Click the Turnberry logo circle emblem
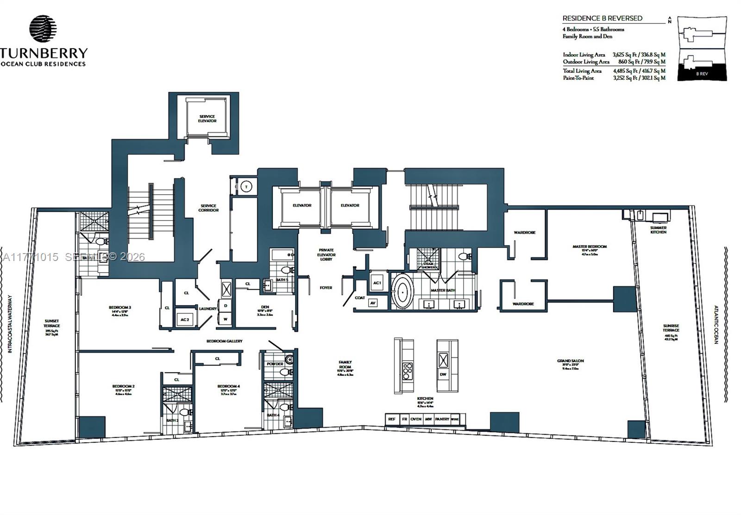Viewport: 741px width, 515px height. click(43, 29)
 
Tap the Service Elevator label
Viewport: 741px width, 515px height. click(207, 119)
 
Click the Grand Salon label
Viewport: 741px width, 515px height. click(570, 361)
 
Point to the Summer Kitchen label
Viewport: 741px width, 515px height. click(658, 229)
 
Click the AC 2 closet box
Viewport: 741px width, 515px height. click(185, 319)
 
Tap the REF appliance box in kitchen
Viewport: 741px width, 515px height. click(392, 419)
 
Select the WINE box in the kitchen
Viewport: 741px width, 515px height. click(455, 419)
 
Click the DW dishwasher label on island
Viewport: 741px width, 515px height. click(443, 375)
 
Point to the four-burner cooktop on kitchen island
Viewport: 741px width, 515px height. click(408, 371)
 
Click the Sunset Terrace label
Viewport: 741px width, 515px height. click(52, 324)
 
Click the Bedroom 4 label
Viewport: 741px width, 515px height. click(229, 386)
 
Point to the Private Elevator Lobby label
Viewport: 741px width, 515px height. click(326, 254)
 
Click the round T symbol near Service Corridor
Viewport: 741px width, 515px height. click(246, 187)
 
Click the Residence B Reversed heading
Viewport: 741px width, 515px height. click(602, 19)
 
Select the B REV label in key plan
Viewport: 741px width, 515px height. click(702, 74)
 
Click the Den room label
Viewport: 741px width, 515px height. click(265, 307)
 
